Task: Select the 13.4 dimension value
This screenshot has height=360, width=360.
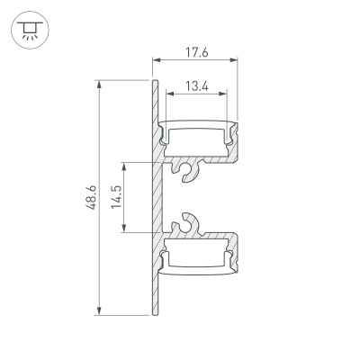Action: (x=199, y=86)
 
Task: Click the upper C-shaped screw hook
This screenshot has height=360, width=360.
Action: (x=188, y=168)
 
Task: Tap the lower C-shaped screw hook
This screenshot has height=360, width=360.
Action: (x=188, y=223)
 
